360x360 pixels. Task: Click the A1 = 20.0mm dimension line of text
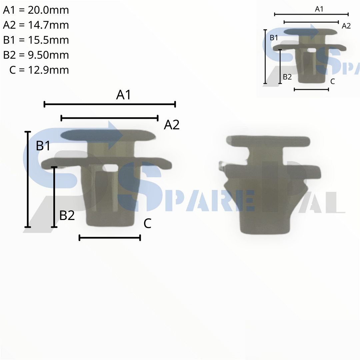coord(36,10)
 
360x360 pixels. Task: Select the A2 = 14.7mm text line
coord(36,25)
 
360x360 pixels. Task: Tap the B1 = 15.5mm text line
coord(36,40)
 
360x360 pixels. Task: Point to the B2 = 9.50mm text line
coord(36,55)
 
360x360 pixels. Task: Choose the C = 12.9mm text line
coord(39,70)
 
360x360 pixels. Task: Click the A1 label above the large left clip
coord(124,95)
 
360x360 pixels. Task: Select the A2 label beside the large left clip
coord(172,125)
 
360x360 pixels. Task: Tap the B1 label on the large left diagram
coord(43,146)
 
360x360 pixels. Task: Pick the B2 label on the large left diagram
coord(67,215)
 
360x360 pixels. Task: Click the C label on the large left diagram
coord(147,223)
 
